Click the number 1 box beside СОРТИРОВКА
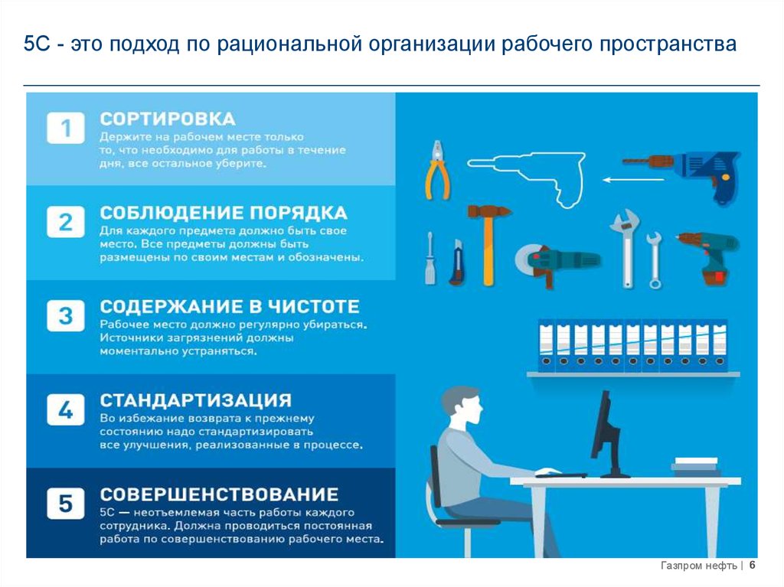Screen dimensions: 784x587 click(66, 128)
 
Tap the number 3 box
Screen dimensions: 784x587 click(66, 315)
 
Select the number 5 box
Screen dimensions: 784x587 click(66, 503)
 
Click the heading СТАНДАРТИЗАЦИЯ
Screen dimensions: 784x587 click(195, 400)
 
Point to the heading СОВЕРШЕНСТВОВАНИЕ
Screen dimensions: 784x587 click(219, 494)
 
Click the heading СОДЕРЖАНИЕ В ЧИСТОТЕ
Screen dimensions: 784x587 click(230, 306)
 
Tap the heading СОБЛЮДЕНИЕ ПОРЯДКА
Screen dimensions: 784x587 click(224, 213)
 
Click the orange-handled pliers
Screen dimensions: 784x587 click(437, 170)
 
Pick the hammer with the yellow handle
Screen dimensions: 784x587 click(488, 244)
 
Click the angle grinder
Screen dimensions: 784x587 click(557, 263)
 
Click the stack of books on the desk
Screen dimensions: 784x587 click(696, 467)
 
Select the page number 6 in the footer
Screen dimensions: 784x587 click(752, 565)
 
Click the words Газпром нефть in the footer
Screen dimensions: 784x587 click(698, 566)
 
